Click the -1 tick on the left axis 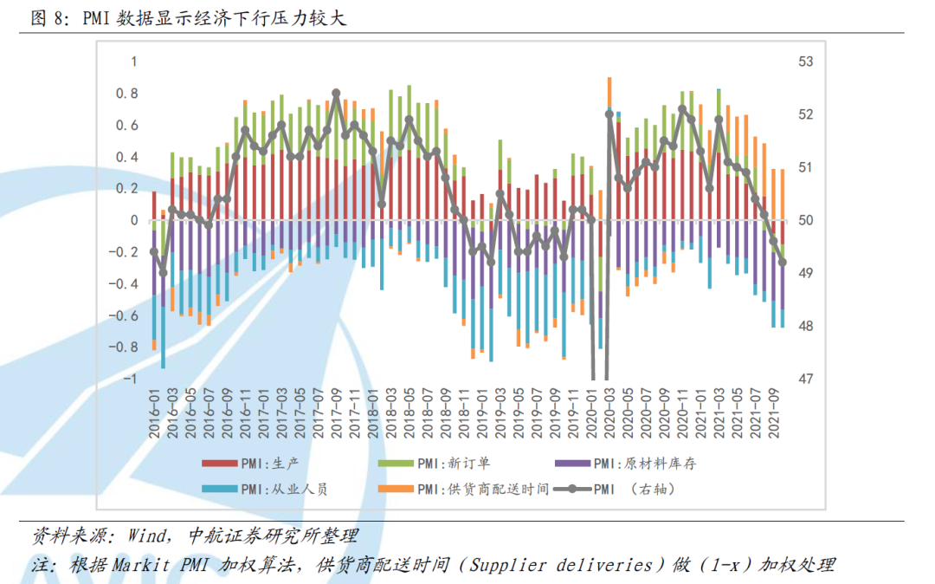[x=131, y=380]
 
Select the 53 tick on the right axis [x=806, y=62]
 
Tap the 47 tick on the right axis [x=806, y=380]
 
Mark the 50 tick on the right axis [x=806, y=220]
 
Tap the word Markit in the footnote [x=139, y=565]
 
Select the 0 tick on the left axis [x=134, y=220]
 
